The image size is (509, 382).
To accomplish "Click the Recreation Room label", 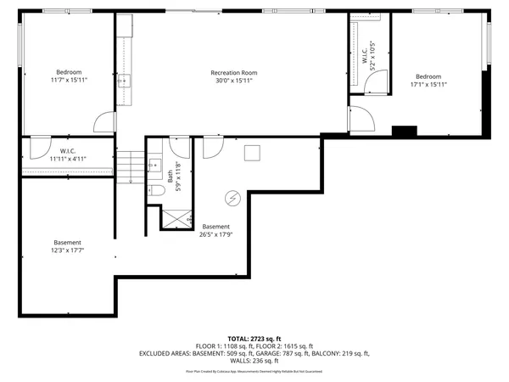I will pos(233,73).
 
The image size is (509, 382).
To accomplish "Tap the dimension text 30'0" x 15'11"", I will pos(233,82).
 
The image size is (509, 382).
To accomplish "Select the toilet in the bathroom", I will pos(156,191).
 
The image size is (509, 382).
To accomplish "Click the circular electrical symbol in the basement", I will pos(232,199).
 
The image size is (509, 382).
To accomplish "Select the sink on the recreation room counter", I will pos(124,81).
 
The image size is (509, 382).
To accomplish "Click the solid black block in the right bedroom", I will pos(404,131).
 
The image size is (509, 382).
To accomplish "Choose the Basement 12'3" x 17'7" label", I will pos(69,247).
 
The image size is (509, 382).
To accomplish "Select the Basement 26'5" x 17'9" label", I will pos(215,231).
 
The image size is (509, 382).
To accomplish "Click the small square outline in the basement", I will pos(251,153).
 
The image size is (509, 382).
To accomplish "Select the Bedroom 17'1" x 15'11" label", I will pos(428,80).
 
